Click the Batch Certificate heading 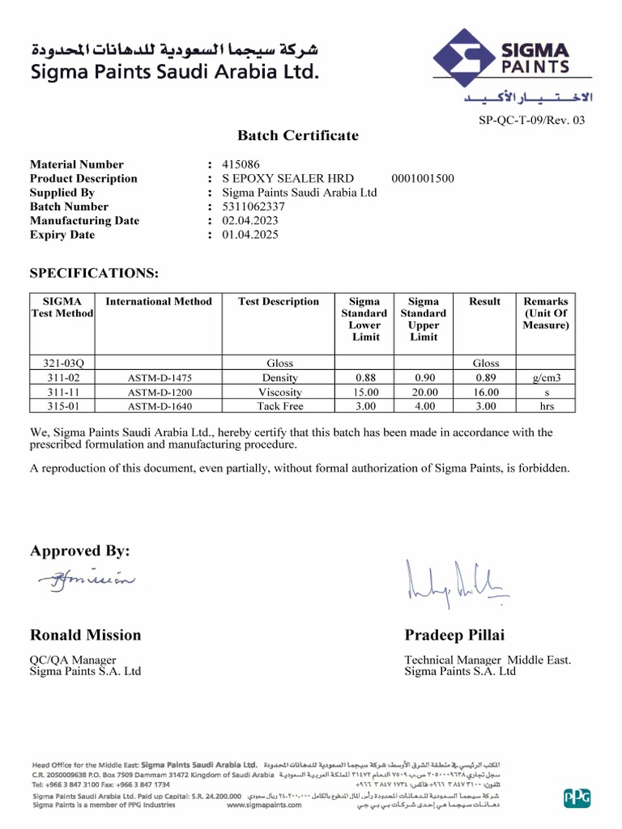coord(297,135)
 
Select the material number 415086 coord(241,164)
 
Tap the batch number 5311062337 coord(253,206)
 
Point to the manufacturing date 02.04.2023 coord(250,220)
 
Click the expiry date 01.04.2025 coord(250,235)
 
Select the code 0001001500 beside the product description coord(422,179)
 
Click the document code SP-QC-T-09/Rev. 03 coord(532,120)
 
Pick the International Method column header coord(159,302)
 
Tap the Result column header coord(484,302)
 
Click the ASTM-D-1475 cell coord(160,378)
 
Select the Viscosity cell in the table coord(279,392)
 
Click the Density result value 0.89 coord(484,378)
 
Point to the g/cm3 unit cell coord(546,378)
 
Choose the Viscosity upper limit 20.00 coord(424,392)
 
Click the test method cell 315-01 coord(62,406)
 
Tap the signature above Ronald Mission coord(85,579)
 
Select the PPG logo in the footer coord(577,798)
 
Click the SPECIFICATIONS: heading coord(95,273)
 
